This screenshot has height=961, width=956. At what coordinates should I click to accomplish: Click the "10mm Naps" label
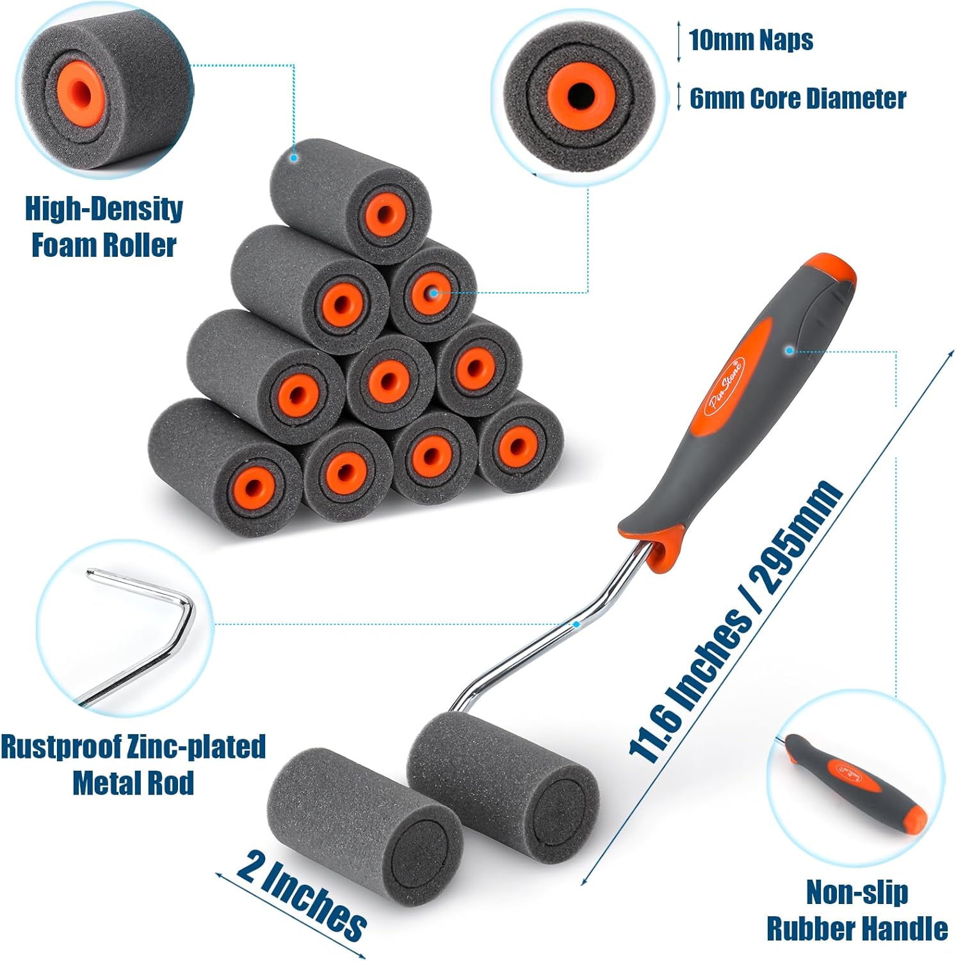[750, 40]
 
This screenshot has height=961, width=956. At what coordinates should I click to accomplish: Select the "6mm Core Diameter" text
[797, 98]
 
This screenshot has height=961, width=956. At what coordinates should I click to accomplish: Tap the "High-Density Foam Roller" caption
[104, 227]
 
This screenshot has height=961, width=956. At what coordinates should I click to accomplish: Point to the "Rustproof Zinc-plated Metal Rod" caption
[133, 764]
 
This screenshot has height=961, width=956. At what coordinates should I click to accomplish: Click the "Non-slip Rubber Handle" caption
[857, 910]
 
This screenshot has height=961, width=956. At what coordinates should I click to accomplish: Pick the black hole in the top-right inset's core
[580, 94]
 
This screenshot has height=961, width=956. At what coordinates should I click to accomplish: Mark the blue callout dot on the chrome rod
[576, 623]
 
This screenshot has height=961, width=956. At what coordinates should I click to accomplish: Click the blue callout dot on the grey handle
[790, 350]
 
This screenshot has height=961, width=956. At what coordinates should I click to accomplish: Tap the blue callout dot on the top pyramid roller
[294, 157]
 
